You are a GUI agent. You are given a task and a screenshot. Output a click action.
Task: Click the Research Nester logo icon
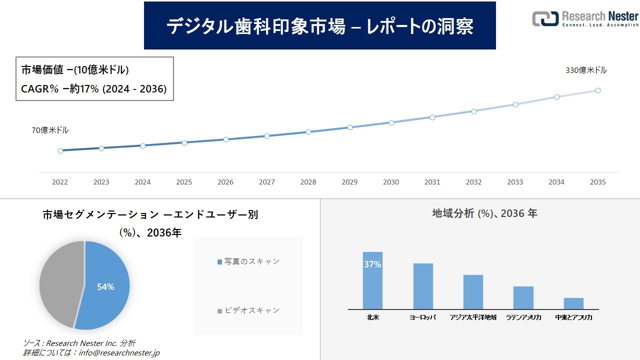544,18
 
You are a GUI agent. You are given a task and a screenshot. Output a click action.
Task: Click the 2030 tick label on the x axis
391,182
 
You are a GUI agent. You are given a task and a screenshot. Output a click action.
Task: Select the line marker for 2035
597,90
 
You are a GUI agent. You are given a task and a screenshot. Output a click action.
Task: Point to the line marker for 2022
60,150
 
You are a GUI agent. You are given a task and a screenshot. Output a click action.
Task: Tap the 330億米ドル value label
586,70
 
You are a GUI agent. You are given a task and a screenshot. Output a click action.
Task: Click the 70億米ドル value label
50,130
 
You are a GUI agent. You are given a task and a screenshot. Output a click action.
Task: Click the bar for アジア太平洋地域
473,292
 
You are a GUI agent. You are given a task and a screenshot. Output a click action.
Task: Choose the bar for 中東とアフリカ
573,303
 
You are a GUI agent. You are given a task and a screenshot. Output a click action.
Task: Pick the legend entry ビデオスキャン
248,310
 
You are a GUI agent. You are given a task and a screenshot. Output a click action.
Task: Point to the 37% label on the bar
372,264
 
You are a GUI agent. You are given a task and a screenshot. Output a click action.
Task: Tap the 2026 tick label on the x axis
225,182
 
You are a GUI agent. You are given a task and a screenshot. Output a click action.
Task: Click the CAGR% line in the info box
94,89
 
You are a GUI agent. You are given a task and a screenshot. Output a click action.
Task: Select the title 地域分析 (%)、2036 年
484,213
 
